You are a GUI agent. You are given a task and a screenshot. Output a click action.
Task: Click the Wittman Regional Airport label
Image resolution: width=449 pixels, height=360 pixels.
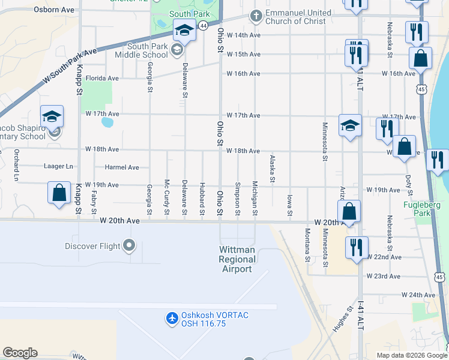[237, 259]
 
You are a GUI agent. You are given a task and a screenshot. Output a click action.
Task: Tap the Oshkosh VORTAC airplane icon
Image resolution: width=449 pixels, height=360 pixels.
[172, 317]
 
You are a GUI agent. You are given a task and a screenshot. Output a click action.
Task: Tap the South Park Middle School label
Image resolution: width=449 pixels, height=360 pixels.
[147, 50]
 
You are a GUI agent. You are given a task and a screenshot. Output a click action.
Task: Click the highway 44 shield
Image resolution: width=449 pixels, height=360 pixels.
[203, 25]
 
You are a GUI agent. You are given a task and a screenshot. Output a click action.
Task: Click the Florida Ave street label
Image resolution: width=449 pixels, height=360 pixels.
[102, 78]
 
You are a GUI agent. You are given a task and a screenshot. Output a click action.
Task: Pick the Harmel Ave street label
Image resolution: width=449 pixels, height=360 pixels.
[122, 167]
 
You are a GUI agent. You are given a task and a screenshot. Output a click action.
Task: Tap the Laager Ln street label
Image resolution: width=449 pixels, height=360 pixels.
[58, 166]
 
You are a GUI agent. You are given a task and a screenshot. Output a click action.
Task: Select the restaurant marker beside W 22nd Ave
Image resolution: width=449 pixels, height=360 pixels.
[357, 247]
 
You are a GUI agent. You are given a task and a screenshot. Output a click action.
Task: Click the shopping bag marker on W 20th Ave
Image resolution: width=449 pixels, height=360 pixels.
[349, 212]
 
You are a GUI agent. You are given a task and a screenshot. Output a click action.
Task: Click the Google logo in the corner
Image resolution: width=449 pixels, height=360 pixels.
[20, 353]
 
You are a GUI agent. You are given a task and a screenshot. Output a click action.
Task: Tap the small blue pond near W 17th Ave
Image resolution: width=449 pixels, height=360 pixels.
[107, 122]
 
